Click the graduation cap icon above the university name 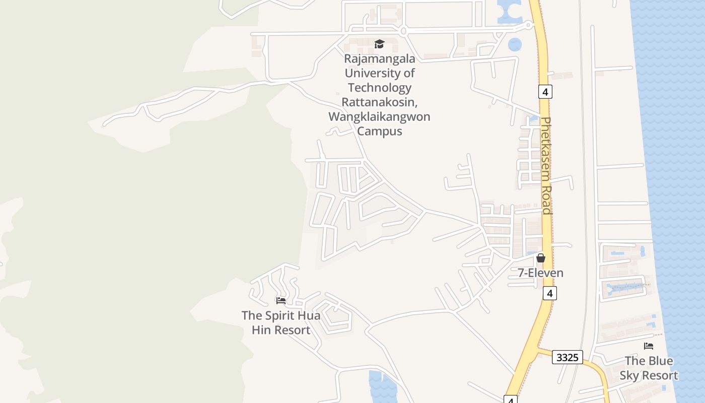tap(379, 44)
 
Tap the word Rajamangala tap(380, 58)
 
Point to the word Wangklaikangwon tap(379, 117)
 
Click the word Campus tap(380, 131)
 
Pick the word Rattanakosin tap(380, 102)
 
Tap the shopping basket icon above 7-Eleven tap(541, 258)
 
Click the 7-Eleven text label tap(541, 273)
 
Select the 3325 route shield tap(568, 358)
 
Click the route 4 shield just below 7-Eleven tap(550, 293)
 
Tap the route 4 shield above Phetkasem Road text tap(545, 92)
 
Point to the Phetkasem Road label tap(546, 166)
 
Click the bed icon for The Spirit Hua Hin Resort tap(281, 301)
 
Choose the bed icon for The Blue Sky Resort tap(649, 346)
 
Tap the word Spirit tap(279, 316)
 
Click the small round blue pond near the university tap(515, 45)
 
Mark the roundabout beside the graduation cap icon tap(403, 31)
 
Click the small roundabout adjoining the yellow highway tap(528, 24)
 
